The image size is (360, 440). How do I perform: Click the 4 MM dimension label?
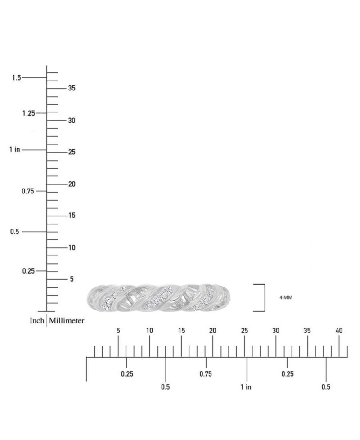[286, 297]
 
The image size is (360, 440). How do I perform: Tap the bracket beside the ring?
[265, 298]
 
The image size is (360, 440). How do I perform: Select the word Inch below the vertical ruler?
[37, 320]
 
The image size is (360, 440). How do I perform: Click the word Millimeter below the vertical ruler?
[67, 320]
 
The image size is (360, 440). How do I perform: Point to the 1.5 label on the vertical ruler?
[17, 77]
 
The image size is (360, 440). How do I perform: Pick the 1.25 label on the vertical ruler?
[29, 113]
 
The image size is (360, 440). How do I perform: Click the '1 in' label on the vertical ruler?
[14, 149]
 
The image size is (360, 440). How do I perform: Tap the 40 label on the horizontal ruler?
[339, 331]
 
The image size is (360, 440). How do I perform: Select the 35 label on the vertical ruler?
[72, 88]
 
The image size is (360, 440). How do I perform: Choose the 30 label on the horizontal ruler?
[276, 331]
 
